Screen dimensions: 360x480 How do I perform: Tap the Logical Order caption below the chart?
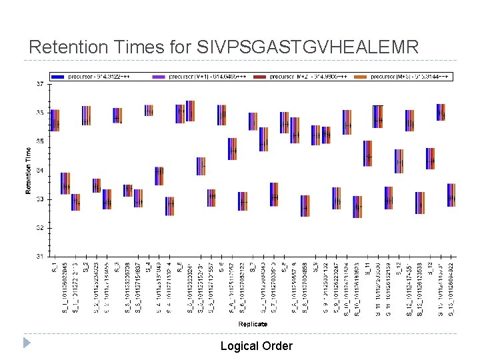point(256,345)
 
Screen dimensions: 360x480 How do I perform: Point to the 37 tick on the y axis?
point(40,85)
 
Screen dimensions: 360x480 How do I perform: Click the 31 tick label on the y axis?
point(40,256)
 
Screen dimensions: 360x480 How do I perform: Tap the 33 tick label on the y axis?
point(40,199)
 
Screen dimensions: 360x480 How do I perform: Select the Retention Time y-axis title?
point(29,171)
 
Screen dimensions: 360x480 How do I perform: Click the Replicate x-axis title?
point(253,324)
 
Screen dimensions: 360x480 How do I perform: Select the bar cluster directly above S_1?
point(55,120)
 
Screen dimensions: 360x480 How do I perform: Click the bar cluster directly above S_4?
point(149,111)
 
